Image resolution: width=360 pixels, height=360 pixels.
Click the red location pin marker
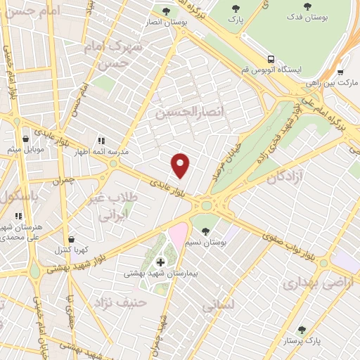pos(181,166)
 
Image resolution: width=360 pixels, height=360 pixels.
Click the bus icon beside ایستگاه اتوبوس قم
pos(271,60)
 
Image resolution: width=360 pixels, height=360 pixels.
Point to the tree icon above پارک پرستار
pos(302,330)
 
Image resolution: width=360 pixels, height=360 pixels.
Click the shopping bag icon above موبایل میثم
pos(26,139)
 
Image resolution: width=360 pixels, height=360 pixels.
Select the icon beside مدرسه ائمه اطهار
pos(101,141)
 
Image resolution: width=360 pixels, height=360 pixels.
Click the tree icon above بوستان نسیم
pos(205,231)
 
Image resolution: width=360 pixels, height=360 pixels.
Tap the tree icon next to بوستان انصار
pos(166,11)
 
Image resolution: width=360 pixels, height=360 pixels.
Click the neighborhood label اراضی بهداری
pos(311,283)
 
